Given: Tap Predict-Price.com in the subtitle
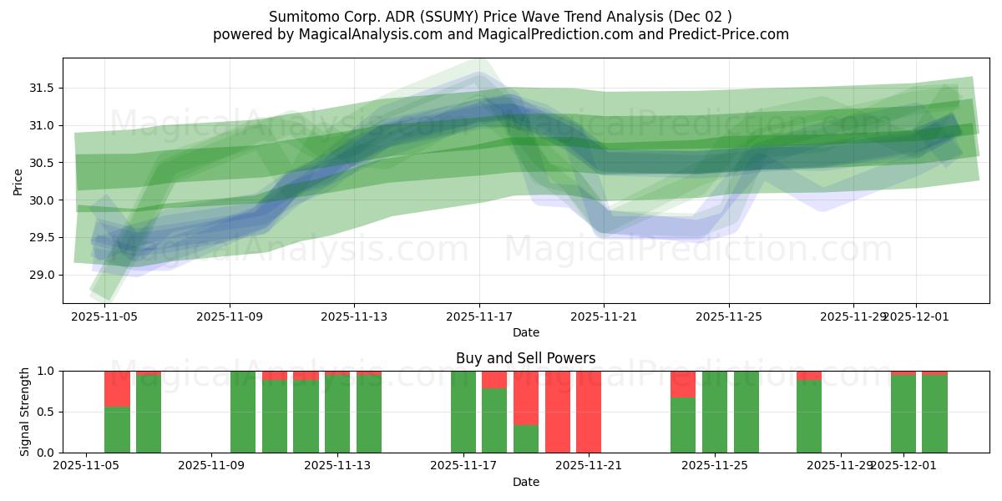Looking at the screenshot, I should (726, 34).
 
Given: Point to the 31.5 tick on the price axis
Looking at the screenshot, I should (41, 89).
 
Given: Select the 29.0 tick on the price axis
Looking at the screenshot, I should (41, 275).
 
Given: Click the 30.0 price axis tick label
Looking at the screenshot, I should (41, 200).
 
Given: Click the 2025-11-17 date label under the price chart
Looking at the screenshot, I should (479, 316).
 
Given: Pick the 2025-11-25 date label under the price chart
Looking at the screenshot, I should (729, 316).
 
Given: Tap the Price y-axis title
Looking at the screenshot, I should (18, 181).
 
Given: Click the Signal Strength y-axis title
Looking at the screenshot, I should (25, 412).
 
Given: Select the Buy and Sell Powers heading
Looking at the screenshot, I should (525, 358).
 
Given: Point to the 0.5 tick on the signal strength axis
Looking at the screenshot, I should (46, 412).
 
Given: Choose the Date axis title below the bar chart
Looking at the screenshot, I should (525, 482).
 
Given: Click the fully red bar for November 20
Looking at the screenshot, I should (558, 412).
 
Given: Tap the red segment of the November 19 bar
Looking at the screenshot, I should (526, 398).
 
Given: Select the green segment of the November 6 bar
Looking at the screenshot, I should (117, 430).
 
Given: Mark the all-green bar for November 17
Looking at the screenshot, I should (463, 412).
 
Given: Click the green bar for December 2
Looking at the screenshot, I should (934, 414).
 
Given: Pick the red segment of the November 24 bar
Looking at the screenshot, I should (683, 384).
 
